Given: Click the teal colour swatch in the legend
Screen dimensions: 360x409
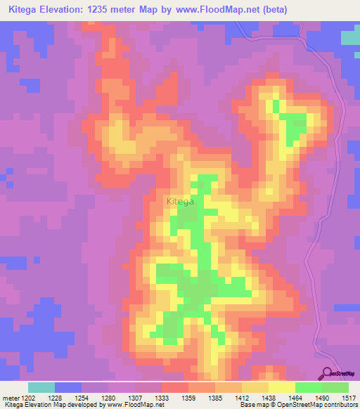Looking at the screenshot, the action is click(41, 388).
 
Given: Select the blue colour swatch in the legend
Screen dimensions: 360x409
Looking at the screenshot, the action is click(67, 388).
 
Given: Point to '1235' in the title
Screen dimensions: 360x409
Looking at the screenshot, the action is click(114, 9).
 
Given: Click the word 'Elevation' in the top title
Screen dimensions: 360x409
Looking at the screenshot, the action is click(67, 9).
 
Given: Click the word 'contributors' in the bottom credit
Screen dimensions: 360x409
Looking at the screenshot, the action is click(340, 405).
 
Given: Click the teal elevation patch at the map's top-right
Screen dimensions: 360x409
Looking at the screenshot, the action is click(350, 37).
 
